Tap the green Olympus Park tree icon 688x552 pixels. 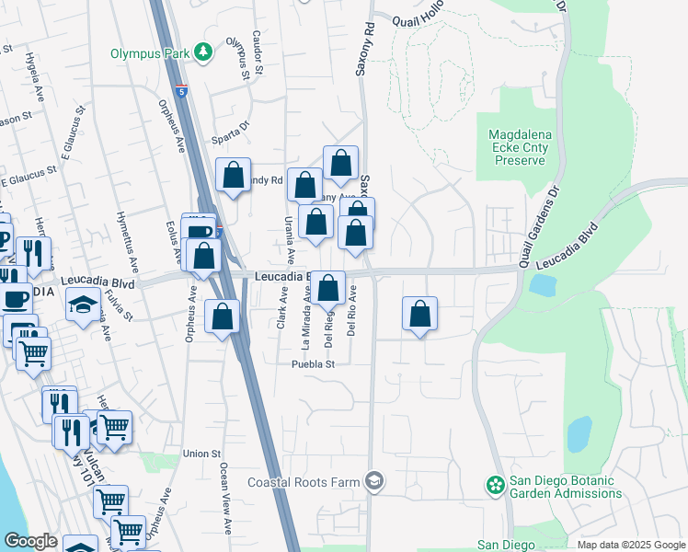coord(202,53)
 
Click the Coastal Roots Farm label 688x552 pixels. coord(305,481)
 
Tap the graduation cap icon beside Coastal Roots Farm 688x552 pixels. coord(373,480)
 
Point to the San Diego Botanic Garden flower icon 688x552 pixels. coord(495,484)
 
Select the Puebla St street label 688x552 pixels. coord(311,364)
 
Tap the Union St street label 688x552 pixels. coord(201,454)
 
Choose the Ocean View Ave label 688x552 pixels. coord(224,498)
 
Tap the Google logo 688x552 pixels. coord(30,541)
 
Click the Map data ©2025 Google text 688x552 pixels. coord(630,545)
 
